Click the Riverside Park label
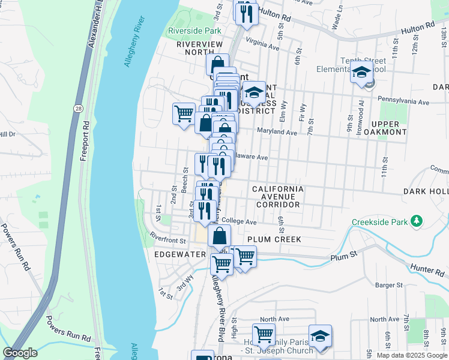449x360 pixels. coord(194,31)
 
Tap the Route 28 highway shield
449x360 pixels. coord(79,107)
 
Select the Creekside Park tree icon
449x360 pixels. coord(416,222)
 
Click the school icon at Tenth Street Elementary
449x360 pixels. coord(361,74)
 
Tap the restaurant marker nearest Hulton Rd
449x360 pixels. coord(246,13)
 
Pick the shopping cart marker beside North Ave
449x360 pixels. coord(264,334)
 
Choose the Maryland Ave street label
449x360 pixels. coord(277,132)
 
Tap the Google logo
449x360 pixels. coord(20,353)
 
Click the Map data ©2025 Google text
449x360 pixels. coord(411,355)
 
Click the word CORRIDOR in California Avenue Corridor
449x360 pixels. coord(277,205)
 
